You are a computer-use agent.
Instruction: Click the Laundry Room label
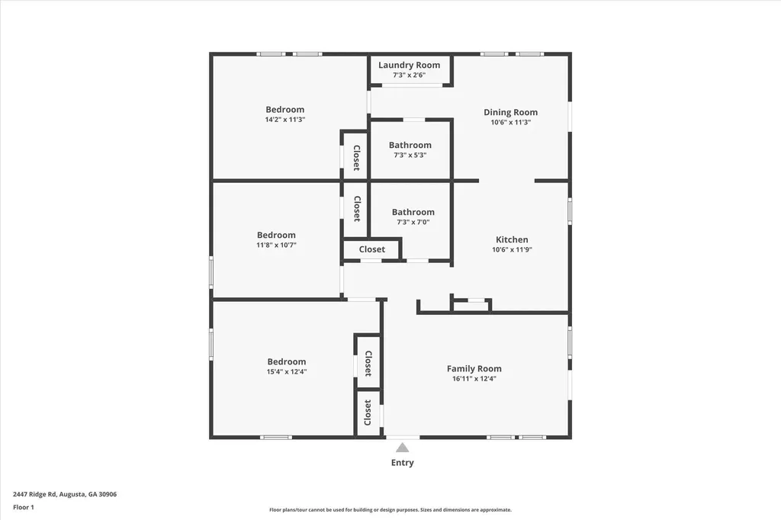(409, 65)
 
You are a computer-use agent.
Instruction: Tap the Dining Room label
(510, 112)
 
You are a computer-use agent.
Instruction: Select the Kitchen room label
(511, 239)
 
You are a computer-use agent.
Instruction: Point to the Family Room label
(474, 368)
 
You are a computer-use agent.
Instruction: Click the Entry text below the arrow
(402, 463)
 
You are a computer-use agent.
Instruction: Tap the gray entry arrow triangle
(402, 448)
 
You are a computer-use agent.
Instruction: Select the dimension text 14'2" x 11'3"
(284, 120)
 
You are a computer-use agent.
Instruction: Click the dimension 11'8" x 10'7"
(275, 245)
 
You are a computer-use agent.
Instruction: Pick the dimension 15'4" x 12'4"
(286, 371)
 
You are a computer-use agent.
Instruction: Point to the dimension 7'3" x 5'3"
(410, 155)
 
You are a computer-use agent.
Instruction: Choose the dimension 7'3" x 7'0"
(413, 222)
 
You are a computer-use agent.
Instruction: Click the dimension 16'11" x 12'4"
(474, 378)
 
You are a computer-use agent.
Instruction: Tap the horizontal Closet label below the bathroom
(371, 249)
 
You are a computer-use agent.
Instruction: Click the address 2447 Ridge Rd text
(65, 494)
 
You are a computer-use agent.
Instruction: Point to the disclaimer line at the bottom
(390, 510)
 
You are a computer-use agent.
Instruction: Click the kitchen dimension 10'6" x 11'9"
(511, 249)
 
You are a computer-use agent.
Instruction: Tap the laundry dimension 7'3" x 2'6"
(409, 75)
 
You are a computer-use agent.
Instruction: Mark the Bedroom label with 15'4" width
(286, 361)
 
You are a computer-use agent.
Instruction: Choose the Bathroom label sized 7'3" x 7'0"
(413, 212)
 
